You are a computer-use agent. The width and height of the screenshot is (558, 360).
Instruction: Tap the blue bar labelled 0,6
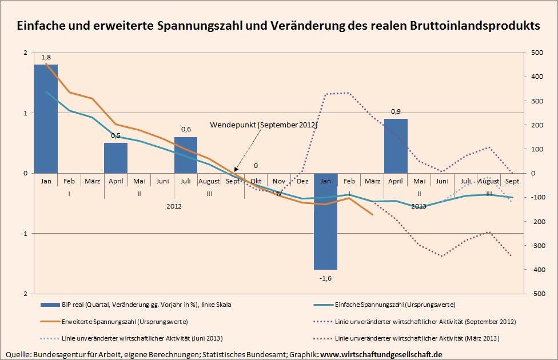point(186,155)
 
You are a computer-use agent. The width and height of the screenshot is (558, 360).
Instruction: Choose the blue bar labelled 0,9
point(396,146)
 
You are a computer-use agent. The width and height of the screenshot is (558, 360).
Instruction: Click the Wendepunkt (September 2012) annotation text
point(264,125)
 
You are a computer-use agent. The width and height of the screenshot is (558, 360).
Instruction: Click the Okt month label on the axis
point(256,181)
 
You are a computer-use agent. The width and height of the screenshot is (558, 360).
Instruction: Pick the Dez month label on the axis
point(302,181)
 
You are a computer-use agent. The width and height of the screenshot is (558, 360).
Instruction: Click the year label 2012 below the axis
point(174,206)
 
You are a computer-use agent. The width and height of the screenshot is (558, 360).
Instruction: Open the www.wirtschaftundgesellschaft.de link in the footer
point(381,355)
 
